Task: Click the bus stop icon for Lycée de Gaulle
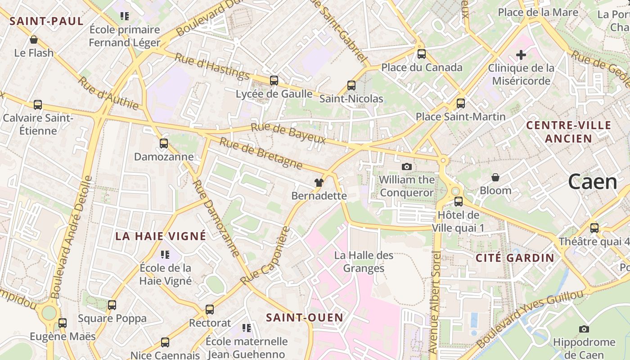(x=274, y=81)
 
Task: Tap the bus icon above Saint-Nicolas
(x=351, y=85)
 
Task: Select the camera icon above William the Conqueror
(x=406, y=166)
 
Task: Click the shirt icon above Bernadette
(x=319, y=182)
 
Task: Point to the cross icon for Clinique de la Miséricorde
(x=521, y=55)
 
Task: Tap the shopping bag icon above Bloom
(x=495, y=177)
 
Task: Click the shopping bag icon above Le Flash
(x=33, y=40)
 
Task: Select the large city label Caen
(x=592, y=182)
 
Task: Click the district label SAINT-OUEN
(x=305, y=318)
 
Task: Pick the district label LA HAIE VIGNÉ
(x=161, y=236)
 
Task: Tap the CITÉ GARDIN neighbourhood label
(x=515, y=258)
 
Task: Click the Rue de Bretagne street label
(x=261, y=153)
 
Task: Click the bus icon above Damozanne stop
(x=164, y=144)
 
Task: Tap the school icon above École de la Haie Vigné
(x=165, y=255)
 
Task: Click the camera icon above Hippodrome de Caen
(x=584, y=329)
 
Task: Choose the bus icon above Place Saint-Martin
(x=460, y=103)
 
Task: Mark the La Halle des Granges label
(x=364, y=262)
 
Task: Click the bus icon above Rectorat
(x=210, y=310)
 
